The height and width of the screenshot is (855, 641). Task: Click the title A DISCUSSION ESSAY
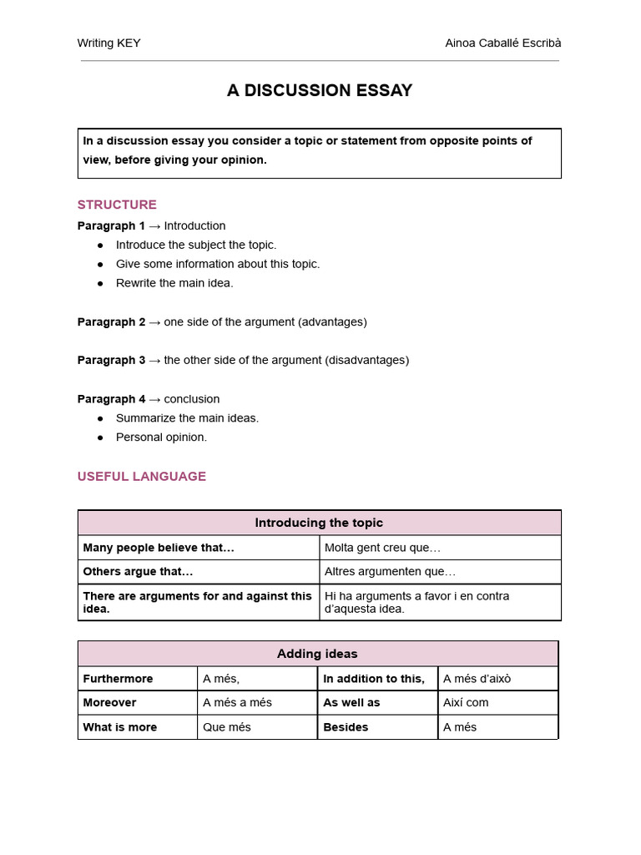(x=320, y=91)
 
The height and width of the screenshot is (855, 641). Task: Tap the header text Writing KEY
(x=109, y=43)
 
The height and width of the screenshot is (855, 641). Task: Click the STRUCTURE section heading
(x=117, y=205)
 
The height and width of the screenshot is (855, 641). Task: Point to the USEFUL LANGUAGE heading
(x=141, y=477)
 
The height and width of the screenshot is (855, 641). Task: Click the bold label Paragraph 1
(x=111, y=226)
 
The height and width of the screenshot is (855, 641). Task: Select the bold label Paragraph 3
(x=111, y=361)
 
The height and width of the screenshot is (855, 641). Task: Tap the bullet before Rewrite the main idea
(x=101, y=284)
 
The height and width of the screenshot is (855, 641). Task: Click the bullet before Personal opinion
(x=101, y=438)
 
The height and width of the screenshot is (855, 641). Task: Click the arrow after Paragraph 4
(x=154, y=399)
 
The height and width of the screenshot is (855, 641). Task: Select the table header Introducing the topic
(x=319, y=523)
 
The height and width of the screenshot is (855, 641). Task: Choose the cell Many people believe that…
(x=159, y=548)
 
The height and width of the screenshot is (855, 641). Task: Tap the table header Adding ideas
(x=317, y=654)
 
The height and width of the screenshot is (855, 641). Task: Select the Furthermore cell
(x=118, y=679)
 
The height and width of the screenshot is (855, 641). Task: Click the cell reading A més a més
(x=237, y=703)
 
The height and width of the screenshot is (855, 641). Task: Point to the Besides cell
(x=346, y=727)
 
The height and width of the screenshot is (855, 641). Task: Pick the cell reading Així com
(x=466, y=703)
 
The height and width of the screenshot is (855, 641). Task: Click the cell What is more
(x=119, y=727)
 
